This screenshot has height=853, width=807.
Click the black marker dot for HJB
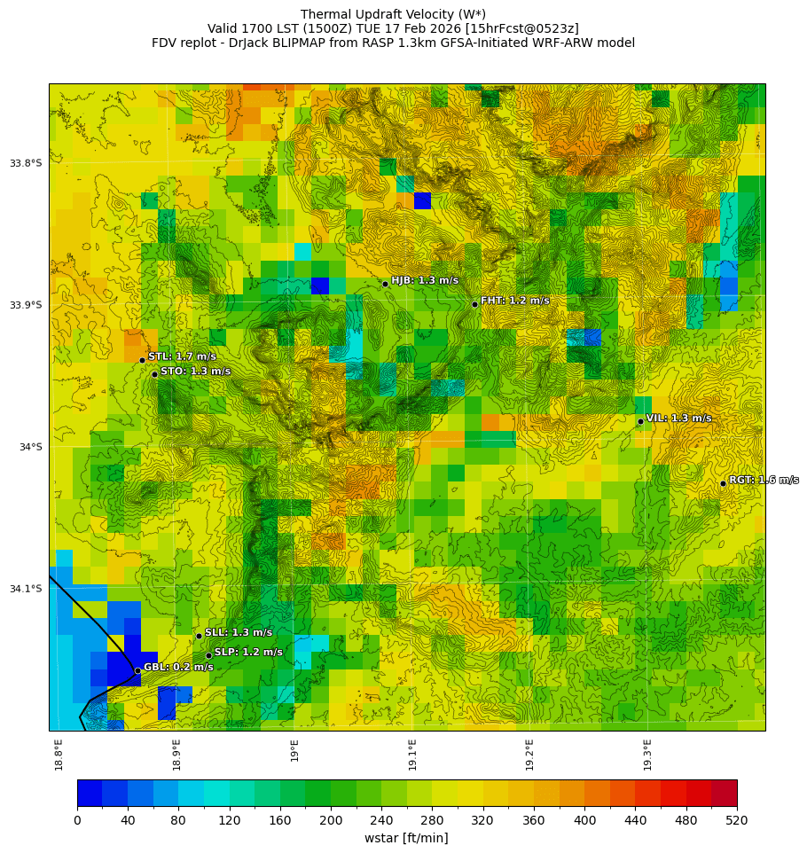(x=385, y=284)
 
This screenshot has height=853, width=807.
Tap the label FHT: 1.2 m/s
(x=515, y=301)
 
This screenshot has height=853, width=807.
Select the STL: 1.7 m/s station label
(x=182, y=356)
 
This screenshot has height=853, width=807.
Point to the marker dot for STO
(x=154, y=374)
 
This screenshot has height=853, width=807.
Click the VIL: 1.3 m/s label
(x=678, y=418)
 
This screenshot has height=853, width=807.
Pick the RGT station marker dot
(x=723, y=483)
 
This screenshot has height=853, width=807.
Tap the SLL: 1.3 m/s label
(x=239, y=632)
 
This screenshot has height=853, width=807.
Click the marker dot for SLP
(x=208, y=656)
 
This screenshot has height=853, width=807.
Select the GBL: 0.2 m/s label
(x=178, y=667)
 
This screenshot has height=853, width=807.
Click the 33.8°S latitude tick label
(x=26, y=163)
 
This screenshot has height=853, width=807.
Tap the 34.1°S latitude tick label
(x=26, y=589)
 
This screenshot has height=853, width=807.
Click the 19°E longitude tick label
(x=294, y=750)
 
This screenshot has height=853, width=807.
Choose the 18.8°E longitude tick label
(x=59, y=754)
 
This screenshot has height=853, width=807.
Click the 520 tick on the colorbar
(x=737, y=821)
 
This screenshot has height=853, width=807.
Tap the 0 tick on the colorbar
(x=77, y=821)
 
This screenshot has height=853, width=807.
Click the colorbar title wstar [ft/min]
(x=406, y=838)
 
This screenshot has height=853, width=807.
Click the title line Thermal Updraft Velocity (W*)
(x=393, y=14)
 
